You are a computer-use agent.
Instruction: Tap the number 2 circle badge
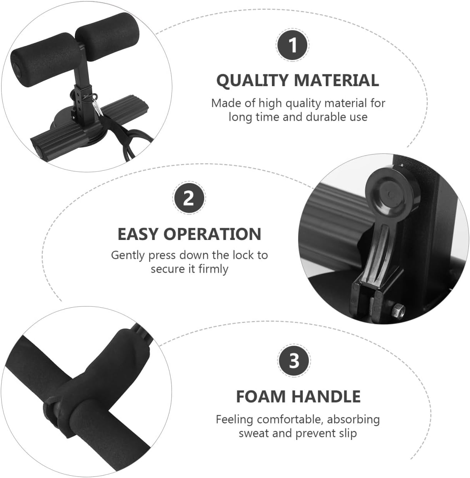[x=188, y=199]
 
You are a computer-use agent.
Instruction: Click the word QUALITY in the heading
[x=252, y=80]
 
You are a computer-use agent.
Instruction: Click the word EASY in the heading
[x=138, y=234]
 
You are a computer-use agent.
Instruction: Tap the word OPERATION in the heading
[x=212, y=234]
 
